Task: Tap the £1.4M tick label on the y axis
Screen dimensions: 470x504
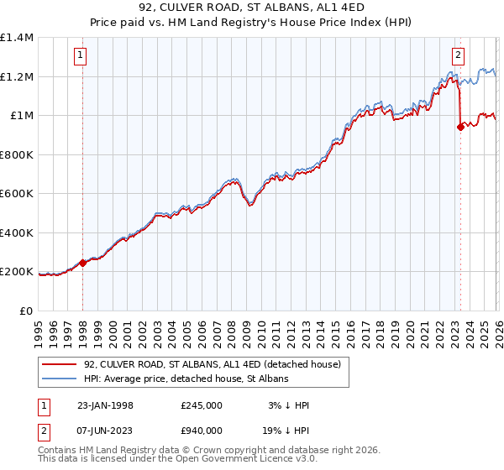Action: [x=17, y=38]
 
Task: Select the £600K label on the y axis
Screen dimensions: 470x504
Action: [x=17, y=194]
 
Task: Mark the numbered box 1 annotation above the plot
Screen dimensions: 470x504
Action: [x=80, y=56]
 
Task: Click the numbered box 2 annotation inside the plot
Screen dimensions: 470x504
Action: [x=458, y=56]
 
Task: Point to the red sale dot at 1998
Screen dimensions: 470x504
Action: [x=83, y=263]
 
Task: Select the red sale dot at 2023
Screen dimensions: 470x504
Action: [x=460, y=128]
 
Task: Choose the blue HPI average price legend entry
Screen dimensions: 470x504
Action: [x=186, y=379]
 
